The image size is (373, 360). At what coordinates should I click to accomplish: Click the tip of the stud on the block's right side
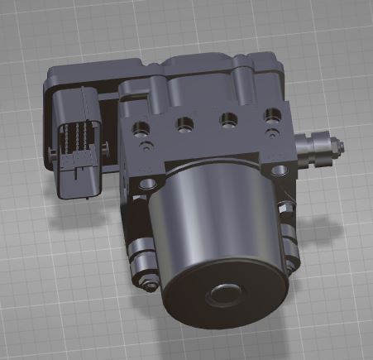click(340, 146)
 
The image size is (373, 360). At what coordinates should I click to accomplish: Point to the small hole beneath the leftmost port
click(146, 147)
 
